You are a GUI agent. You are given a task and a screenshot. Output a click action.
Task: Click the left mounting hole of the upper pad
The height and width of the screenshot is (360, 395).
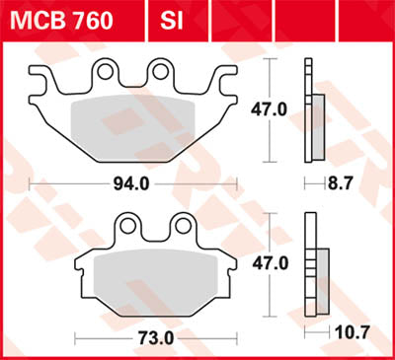(x=106, y=71)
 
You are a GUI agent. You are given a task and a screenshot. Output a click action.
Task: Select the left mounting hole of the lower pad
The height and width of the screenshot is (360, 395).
(x=125, y=227)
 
